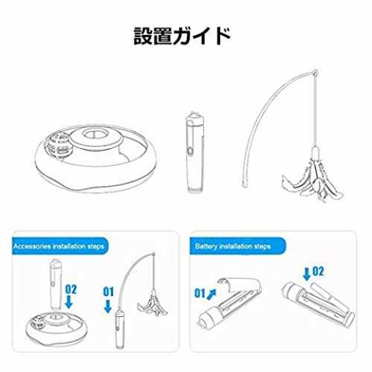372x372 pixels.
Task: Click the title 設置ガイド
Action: [x=182, y=36]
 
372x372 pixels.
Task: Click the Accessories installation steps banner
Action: [x=60, y=246]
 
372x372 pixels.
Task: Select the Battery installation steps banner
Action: [x=237, y=246]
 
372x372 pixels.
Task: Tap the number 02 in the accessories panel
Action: [x=71, y=289]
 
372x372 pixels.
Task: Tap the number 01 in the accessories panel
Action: [x=109, y=292]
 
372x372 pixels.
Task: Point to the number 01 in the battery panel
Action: [x=199, y=293]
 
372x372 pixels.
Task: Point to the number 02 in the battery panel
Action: [x=318, y=272]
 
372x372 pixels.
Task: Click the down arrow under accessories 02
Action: [x=68, y=303]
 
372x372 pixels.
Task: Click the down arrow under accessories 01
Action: [x=108, y=307]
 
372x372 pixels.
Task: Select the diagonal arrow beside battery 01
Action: [x=211, y=294]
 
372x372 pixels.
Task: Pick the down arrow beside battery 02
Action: [x=307, y=275]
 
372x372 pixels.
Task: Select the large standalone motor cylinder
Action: [x=196, y=153]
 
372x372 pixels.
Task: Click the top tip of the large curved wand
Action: [x=315, y=72]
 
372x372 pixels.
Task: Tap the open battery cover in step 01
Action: [x=240, y=285]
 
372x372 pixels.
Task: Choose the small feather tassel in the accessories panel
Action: [x=153, y=304]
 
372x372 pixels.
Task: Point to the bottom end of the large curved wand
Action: [x=245, y=185]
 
